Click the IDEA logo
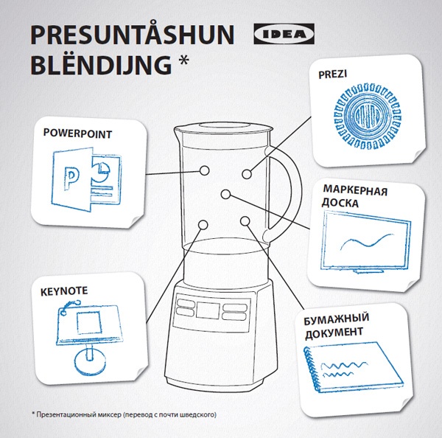(284, 34)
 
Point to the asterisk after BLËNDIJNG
(183, 60)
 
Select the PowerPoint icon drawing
(86, 179)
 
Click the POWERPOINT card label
(77, 133)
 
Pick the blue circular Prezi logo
(368, 116)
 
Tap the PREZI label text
(333, 74)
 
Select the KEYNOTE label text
(64, 291)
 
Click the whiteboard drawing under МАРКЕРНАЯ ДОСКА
(365, 243)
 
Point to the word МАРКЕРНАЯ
(355, 190)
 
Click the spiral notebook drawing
(354, 367)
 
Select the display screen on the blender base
(208, 310)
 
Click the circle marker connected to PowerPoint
(204, 170)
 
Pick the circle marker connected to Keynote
(203, 225)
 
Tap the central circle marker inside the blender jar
(226, 194)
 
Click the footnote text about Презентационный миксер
(124, 415)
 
